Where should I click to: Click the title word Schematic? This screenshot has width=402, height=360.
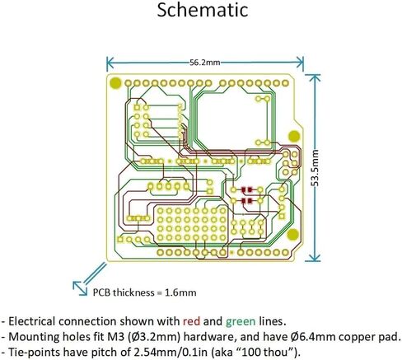[x=203, y=10]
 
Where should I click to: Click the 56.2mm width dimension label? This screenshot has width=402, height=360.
[x=205, y=63]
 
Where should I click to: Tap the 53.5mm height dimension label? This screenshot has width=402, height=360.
[x=316, y=167]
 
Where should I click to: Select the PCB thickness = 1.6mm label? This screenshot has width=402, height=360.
[x=144, y=292]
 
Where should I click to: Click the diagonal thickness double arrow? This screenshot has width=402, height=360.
[x=90, y=278]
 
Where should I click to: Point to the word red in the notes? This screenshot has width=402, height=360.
[x=191, y=321]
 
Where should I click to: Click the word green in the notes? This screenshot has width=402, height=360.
[x=241, y=321]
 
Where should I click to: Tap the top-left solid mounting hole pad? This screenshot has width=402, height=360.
[x=115, y=83]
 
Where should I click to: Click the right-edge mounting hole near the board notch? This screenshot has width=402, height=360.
[x=294, y=137]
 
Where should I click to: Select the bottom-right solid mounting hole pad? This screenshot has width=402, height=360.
[x=293, y=234]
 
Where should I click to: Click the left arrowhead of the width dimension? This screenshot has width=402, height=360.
[x=110, y=63]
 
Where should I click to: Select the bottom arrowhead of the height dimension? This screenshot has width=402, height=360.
[x=314, y=257]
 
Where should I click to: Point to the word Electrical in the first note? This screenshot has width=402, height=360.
[x=30, y=321]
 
